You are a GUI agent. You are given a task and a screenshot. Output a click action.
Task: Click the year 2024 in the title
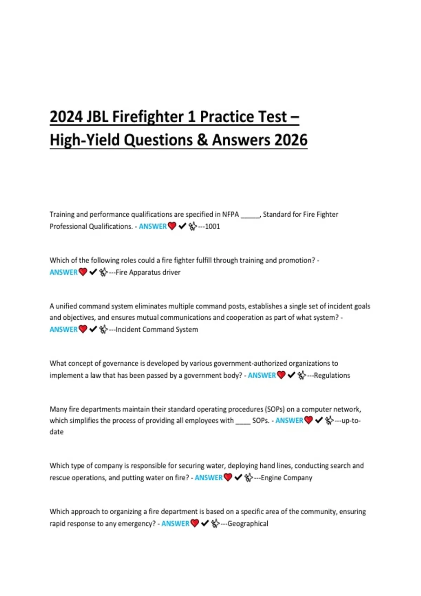click(x=66, y=117)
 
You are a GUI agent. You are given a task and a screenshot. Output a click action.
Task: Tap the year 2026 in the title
click(x=291, y=140)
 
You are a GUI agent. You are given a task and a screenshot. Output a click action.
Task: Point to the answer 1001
click(x=212, y=226)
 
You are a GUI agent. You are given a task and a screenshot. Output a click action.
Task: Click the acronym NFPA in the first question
click(x=230, y=215)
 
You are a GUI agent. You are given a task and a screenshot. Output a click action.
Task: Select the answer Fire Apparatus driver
click(x=148, y=272)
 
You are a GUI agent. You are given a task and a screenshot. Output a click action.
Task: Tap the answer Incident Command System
click(x=157, y=330)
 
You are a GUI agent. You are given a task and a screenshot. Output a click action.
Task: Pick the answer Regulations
click(x=332, y=375)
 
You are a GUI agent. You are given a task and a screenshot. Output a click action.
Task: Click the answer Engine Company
click(x=286, y=478)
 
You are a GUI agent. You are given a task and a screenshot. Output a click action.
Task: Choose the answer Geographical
click(x=248, y=524)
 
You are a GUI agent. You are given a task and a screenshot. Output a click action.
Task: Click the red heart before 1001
click(x=172, y=226)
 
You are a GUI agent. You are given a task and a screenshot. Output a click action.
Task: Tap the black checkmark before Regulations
click(x=291, y=375)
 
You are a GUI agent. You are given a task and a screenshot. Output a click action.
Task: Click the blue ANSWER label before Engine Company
click(x=208, y=478)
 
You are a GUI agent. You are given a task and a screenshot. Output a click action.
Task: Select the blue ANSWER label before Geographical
click(x=175, y=524)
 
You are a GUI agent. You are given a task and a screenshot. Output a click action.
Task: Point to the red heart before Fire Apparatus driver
click(x=83, y=272)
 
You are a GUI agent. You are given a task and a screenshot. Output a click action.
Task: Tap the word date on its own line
click(x=56, y=432)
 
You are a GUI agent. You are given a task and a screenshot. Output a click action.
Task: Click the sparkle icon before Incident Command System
click(x=103, y=330)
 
